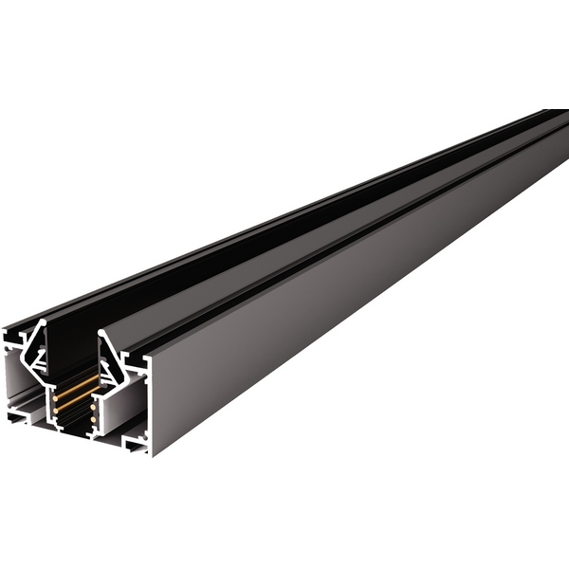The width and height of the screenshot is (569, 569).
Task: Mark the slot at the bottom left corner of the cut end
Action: (x=19, y=414)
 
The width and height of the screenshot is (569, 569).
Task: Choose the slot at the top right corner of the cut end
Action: (x=135, y=361)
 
